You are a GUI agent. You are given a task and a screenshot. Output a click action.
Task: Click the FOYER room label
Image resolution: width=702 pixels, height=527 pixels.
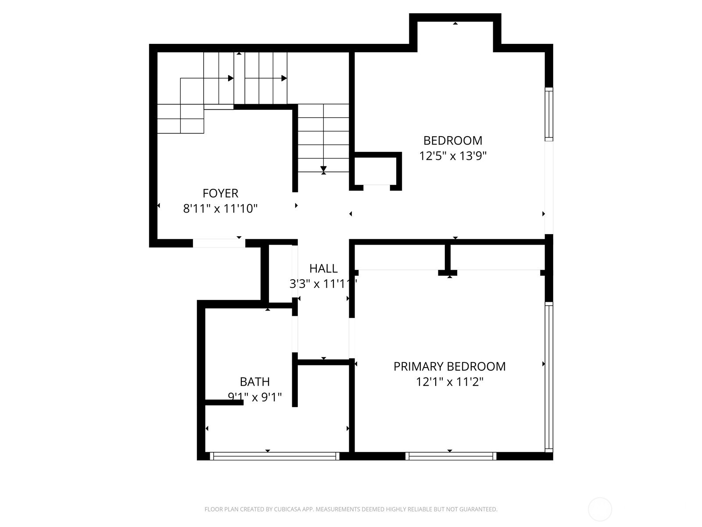tap(220, 193)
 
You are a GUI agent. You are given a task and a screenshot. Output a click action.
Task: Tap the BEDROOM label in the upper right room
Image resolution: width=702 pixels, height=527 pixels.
tap(452, 141)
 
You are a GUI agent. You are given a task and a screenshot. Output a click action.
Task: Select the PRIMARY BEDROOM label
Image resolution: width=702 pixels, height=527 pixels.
tap(449, 366)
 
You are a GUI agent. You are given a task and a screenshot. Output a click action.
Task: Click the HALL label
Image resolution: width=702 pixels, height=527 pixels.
tap(323, 268)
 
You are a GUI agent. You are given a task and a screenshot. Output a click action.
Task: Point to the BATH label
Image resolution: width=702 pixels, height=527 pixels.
tap(254, 382)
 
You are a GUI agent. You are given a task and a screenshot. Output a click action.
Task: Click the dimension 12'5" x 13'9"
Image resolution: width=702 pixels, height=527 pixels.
tap(453, 156)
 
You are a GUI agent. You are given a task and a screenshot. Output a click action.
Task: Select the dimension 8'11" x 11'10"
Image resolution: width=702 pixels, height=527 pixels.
tap(220, 209)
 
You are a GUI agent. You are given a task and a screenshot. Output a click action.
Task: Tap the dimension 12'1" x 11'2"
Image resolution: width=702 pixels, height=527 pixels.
tap(449, 382)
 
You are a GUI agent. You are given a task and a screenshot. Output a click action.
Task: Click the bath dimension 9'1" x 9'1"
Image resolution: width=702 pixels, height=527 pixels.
tap(254, 397)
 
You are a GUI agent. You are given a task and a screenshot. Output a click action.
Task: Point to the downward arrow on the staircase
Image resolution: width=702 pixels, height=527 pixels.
tap(323, 169)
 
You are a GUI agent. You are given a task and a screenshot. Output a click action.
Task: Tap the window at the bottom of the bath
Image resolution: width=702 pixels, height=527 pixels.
tap(275, 456)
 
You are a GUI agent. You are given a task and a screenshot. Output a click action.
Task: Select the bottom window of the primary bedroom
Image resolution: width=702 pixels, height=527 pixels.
tap(451, 456)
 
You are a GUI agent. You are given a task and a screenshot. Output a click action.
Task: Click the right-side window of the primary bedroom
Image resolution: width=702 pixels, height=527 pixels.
tap(549, 377)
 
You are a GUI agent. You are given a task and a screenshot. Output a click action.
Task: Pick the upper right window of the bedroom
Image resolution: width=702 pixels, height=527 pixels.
tap(549, 114)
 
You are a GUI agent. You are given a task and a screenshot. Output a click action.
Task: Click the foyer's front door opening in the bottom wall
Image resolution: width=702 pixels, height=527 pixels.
tap(219, 243)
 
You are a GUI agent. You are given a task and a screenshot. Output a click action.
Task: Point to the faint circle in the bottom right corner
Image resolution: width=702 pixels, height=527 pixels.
tap(600, 509)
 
